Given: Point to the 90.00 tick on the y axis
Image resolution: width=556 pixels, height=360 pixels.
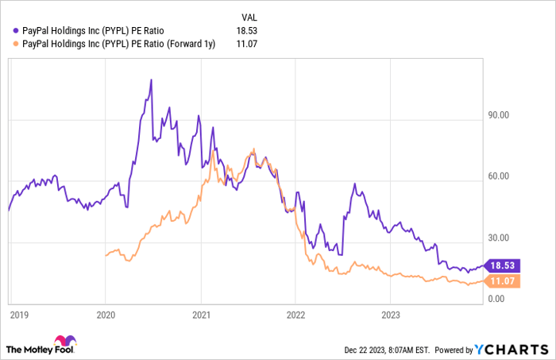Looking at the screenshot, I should click(x=497, y=115).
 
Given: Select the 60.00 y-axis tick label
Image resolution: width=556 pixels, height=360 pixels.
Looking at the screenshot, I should click(x=497, y=176).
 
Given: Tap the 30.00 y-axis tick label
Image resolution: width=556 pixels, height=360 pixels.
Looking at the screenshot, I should click(x=497, y=238).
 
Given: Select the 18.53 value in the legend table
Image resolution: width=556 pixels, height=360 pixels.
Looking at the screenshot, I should click(x=248, y=30).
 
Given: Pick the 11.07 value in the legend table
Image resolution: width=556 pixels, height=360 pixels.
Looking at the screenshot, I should click(x=248, y=43).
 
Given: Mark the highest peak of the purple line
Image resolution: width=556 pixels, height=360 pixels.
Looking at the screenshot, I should click(x=151, y=80).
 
